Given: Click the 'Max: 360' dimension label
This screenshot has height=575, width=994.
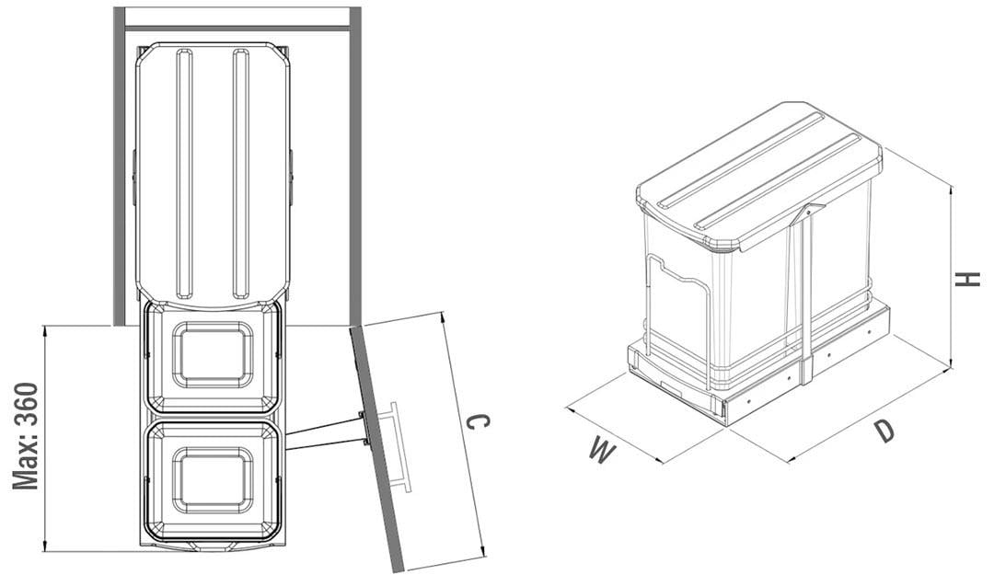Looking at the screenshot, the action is point(26,436).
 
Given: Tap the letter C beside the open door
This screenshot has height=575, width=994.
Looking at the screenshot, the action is point(478,422).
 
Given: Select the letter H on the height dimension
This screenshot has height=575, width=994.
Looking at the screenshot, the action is point(968,279).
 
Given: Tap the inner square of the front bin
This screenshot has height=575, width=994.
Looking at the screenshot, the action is point(213,480).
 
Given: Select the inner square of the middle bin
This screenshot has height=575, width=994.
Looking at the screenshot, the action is point(213,355).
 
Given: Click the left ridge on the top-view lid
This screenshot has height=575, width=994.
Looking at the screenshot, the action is point(184,174).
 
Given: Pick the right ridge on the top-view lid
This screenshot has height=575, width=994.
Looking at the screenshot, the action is point(241,174).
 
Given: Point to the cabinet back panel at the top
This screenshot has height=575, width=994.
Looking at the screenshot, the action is point(237,29).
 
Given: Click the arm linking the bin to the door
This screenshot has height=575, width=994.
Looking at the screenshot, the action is point(325,434).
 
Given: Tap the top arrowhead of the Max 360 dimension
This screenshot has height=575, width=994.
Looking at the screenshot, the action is point(44,331).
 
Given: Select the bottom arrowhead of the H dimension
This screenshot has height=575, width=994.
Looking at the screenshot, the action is point(951,362).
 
